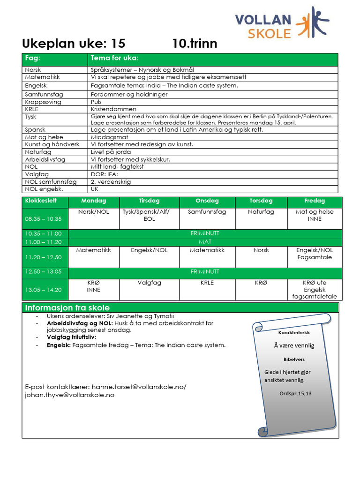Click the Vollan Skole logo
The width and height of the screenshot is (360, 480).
pyautogui.click(x=282, y=22)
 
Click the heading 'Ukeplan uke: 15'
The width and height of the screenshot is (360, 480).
pyautogui.click(x=74, y=44)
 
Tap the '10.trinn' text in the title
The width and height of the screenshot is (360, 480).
pyautogui.click(x=195, y=44)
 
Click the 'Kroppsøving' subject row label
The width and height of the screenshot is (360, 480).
pyautogui.click(x=43, y=102)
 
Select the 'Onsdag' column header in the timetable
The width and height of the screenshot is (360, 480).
pyautogui.click(x=207, y=201)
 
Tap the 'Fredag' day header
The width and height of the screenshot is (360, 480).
pyautogui.click(x=315, y=201)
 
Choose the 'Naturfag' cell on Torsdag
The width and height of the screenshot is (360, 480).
pyautogui.click(x=261, y=212)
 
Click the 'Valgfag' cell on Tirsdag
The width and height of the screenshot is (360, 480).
pyautogui.click(x=149, y=283)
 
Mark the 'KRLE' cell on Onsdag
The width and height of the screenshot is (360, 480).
pyautogui.click(x=207, y=283)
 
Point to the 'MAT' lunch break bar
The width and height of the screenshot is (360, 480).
pyautogui.click(x=205, y=242)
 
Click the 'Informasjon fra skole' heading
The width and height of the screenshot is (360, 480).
pyautogui.click(x=67, y=308)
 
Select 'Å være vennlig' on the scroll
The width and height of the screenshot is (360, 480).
pyautogui.click(x=294, y=345)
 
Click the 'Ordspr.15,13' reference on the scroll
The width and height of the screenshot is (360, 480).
pyautogui.click(x=295, y=393)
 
